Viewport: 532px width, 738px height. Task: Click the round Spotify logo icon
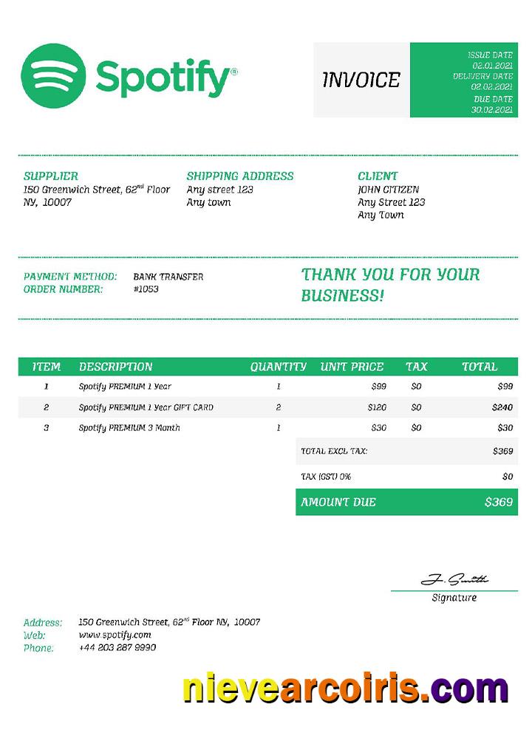tap(53, 75)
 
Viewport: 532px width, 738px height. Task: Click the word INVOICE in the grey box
tap(361, 80)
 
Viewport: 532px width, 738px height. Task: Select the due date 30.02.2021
tap(492, 110)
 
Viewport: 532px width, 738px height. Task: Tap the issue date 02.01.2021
tap(492, 66)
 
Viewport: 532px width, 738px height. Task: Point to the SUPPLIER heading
tap(50, 176)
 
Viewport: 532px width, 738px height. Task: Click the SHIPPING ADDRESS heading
tap(240, 176)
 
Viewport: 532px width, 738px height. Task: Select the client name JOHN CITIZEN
tap(388, 190)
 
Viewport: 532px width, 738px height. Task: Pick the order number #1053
tap(146, 289)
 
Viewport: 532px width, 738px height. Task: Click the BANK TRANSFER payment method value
tap(168, 277)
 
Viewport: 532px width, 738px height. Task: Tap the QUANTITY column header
tap(278, 367)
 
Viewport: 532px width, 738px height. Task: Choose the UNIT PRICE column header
tap(352, 367)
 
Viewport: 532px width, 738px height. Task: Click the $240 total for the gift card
tap(502, 407)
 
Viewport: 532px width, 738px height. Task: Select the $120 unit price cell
tap(377, 407)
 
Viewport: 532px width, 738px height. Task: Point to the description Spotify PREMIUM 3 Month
tap(129, 428)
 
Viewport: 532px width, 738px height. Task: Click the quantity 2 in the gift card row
tap(279, 407)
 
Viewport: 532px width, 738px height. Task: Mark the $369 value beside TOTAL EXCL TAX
tap(502, 451)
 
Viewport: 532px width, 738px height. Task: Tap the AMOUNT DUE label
tap(338, 503)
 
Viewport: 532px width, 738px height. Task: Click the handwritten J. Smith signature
tap(454, 580)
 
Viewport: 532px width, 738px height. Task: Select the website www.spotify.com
tap(115, 635)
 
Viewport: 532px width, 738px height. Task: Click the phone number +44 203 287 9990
tap(117, 648)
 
